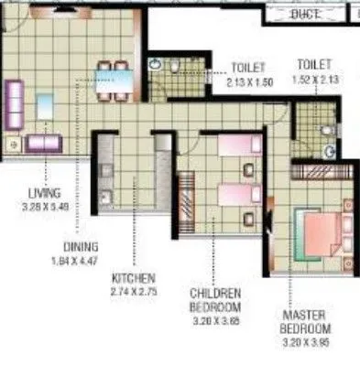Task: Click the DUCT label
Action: pyautogui.click(x=304, y=13)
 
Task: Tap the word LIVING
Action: pyautogui.click(x=43, y=192)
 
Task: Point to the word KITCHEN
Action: pyautogui.click(x=133, y=277)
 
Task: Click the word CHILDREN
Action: pyautogui.click(x=215, y=293)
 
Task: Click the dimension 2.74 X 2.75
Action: pyautogui.click(x=134, y=289)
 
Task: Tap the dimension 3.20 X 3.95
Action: pyautogui.click(x=304, y=341)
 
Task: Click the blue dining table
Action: pyautogui.click(x=116, y=82)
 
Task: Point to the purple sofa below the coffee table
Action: pyautogui.click(x=42, y=143)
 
